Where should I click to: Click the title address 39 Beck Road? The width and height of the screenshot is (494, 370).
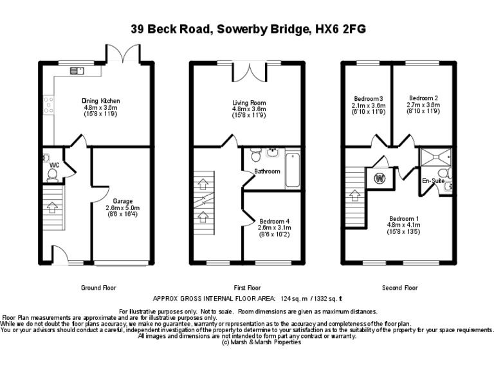(248, 29)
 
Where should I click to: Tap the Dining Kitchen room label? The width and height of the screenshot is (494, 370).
(100, 101)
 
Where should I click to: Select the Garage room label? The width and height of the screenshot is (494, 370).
(122, 201)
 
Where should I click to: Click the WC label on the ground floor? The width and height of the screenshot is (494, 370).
(54, 166)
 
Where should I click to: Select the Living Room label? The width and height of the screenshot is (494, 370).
(249, 102)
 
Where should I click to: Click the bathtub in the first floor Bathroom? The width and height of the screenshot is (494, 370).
(292, 169)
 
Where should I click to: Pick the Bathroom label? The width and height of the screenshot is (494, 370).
(267, 172)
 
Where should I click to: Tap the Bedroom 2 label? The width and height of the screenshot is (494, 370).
(423, 98)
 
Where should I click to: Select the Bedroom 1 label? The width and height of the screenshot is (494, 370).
(404, 218)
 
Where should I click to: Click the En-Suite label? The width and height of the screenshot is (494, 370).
(432, 181)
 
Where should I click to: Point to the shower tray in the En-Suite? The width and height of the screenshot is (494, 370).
(435, 157)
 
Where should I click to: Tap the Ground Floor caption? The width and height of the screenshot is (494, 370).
(99, 288)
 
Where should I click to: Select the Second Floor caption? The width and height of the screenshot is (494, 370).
(399, 288)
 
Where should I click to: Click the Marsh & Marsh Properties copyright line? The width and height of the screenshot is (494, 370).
(261, 342)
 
